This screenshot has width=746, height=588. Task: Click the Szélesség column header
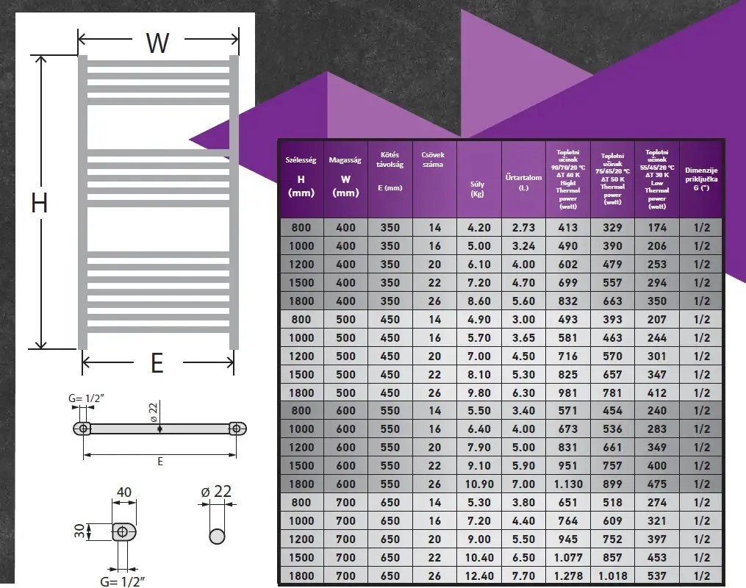[x=301, y=176]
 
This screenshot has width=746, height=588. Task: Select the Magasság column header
[x=345, y=176]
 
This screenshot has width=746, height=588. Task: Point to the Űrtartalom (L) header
[x=523, y=182]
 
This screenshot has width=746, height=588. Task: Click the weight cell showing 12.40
[x=479, y=576]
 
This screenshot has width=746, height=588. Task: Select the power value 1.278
[x=567, y=576]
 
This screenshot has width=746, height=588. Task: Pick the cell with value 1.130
[x=567, y=484]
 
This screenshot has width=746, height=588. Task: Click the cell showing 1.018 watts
[x=612, y=576]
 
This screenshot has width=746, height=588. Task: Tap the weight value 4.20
[x=479, y=228]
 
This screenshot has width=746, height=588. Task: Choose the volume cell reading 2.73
[x=523, y=228]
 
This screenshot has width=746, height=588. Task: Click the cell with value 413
[x=567, y=228]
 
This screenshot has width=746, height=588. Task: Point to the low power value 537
[x=656, y=576]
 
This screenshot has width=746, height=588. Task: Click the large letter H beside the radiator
[x=39, y=202]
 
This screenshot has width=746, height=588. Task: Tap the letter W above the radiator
[x=157, y=43]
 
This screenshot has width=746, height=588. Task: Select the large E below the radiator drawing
[x=157, y=362]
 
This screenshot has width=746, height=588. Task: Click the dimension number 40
[x=123, y=492]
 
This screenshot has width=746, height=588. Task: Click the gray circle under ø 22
[x=217, y=535]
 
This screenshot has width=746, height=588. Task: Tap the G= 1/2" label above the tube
[x=85, y=399]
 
